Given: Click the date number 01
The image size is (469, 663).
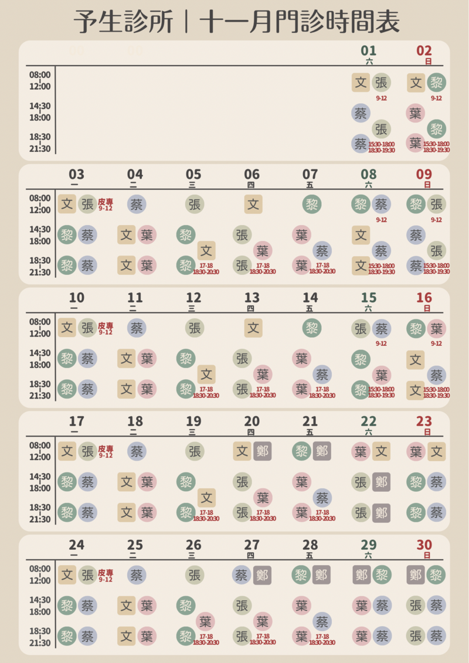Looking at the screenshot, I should coord(369,50).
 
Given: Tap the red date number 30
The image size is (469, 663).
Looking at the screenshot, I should coord(424,545).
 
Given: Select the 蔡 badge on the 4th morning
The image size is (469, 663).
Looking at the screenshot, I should coord(137,204).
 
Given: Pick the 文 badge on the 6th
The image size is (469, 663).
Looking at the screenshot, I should coord(253,204).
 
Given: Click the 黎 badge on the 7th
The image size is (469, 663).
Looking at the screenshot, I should coord(312,204).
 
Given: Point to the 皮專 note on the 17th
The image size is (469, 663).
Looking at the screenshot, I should coord(106,449).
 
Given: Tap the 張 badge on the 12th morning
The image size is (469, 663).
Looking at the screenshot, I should coord(195,328).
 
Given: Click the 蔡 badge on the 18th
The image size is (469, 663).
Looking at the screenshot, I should coord(137,451).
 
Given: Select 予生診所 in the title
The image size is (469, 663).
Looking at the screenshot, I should coord(124,22).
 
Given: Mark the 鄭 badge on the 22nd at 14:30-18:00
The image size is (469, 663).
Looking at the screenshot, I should coord(381,482).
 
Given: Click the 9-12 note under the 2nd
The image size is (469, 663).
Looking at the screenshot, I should coord(436,98).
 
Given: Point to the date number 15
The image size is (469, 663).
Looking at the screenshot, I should coord(369,298).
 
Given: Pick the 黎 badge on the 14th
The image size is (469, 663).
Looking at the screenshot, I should coord(312,328).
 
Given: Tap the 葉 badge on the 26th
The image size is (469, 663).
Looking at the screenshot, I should coord(205,621).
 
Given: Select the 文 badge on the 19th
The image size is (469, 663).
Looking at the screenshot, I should coord(206,498).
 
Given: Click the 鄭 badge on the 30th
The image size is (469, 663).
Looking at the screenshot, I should coord(416,574).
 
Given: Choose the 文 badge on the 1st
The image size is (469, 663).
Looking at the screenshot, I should coord(361,82).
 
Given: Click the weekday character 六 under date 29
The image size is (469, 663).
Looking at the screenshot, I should coord(369,555).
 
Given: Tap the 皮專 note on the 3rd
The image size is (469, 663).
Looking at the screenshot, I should coord(106,202).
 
